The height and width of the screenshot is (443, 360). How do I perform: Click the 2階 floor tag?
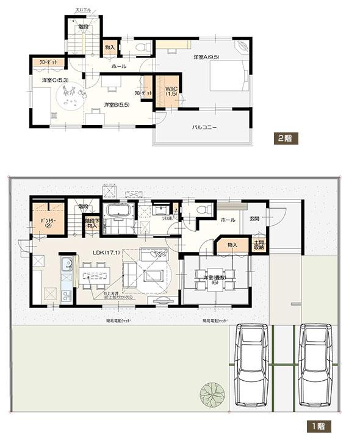pos(285,138)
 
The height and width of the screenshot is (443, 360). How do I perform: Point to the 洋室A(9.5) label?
pos(206,57)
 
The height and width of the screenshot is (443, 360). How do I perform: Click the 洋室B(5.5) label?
pos(115,104)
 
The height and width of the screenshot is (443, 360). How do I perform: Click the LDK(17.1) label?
pos(105,252)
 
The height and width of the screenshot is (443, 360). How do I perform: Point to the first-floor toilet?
pos(204,210)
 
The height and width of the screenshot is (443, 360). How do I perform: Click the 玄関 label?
pos(254,218)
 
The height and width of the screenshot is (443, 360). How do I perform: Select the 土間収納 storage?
pos(259,245)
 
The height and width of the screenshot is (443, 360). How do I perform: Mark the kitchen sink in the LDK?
pos(67,267)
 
